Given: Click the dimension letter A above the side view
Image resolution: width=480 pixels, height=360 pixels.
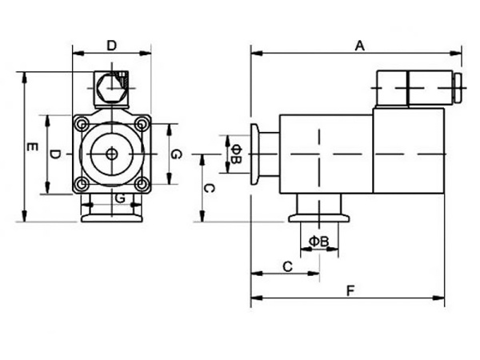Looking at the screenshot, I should pos(360,46).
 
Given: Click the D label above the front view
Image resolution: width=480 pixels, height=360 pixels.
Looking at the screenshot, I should pos(111,46).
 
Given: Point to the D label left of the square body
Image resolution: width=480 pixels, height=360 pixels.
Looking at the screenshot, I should pos(54,154).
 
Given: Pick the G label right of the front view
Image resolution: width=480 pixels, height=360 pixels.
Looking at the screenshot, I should pos(176,154).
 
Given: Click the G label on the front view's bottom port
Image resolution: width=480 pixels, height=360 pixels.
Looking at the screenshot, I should pos(118,197).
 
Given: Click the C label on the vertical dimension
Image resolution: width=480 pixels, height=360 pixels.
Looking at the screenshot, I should pos(207,189).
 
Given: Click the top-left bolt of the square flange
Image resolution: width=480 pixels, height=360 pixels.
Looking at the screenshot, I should pos(80,123).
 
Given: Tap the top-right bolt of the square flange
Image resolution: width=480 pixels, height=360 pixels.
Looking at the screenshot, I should pos(141,123).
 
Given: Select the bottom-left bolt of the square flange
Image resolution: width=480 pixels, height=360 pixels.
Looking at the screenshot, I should pos(80,185).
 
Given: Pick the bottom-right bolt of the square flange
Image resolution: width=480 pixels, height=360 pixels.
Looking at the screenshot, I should pos(141,185).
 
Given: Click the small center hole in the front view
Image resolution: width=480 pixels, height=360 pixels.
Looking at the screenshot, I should pos(110,154).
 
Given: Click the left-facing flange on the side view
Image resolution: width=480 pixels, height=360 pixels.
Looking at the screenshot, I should pos(258,154).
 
